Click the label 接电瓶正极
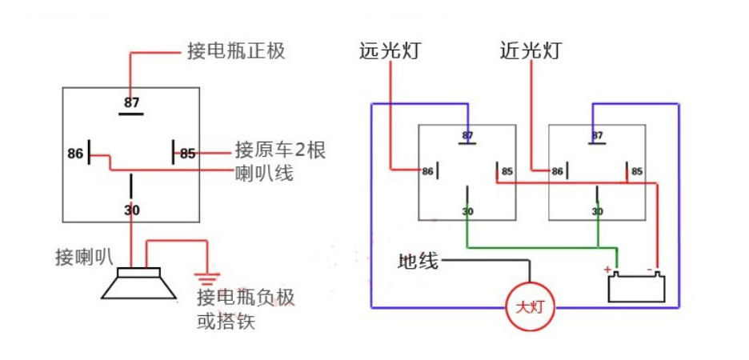(x=236, y=51)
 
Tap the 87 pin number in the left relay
(x=131, y=102)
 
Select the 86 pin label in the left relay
(x=75, y=152)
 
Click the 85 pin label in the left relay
(x=187, y=153)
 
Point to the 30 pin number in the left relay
(x=131, y=210)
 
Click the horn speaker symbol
(x=138, y=284)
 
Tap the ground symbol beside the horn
(x=207, y=279)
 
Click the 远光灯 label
(x=390, y=51)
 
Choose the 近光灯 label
(x=530, y=51)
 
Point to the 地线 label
(x=418, y=261)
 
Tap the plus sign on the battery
(x=608, y=269)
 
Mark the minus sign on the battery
(x=654, y=269)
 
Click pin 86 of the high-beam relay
(x=427, y=171)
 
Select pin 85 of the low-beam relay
(x=637, y=171)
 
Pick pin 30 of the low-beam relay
(x=597, y=211)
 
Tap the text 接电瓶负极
(x=246, y=298)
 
